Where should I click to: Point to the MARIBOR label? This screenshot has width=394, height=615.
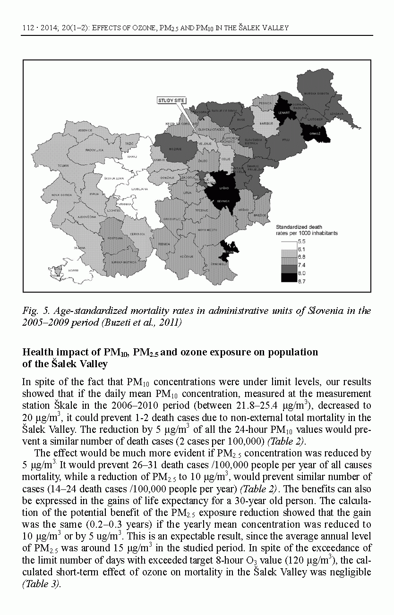260,124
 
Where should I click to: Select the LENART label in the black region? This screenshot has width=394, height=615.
284,113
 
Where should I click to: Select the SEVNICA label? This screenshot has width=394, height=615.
223,201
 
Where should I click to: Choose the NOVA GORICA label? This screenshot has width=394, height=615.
62,194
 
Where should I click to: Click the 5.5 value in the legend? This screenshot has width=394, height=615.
301,241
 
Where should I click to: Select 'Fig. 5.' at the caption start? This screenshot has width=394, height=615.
34,311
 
